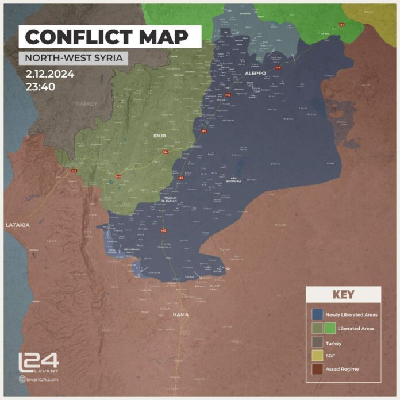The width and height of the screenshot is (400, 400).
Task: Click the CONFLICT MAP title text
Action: pyautogui.click(x=107, y=37)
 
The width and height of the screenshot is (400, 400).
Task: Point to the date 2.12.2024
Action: pyautogui.click(x=50, y=75)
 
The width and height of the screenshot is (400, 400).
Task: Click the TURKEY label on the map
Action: pyautogui.click(x=85, y=104)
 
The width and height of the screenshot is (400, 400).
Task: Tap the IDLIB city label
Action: pyautogui.click(x=159, y=136)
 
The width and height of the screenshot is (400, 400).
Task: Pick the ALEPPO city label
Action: pyautogui.click(x=255, y=74)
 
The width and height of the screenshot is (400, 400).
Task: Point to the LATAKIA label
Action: pyautogui.click(x=17, y=225)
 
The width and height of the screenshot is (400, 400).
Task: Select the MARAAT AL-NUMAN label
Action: pyautogui.click(x=173, y=199)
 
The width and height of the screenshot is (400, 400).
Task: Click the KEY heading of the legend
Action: pyautogui.click(x=343, y=295)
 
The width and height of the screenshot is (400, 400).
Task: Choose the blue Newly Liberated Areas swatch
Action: pyautogui.click(x=317, y=315)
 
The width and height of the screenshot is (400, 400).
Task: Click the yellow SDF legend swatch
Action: pyautogui.click(x=317, y=356)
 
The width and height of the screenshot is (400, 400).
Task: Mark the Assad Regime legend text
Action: pyautogui.click(x=342, y=369)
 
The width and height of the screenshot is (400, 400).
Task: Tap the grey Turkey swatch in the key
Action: pyautogui.click(x=317, y=343)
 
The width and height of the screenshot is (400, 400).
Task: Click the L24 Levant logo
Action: pyautogui.click(x=39, y=363)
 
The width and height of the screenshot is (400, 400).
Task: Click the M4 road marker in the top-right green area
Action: pyautogui.click(x=342, y=25)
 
